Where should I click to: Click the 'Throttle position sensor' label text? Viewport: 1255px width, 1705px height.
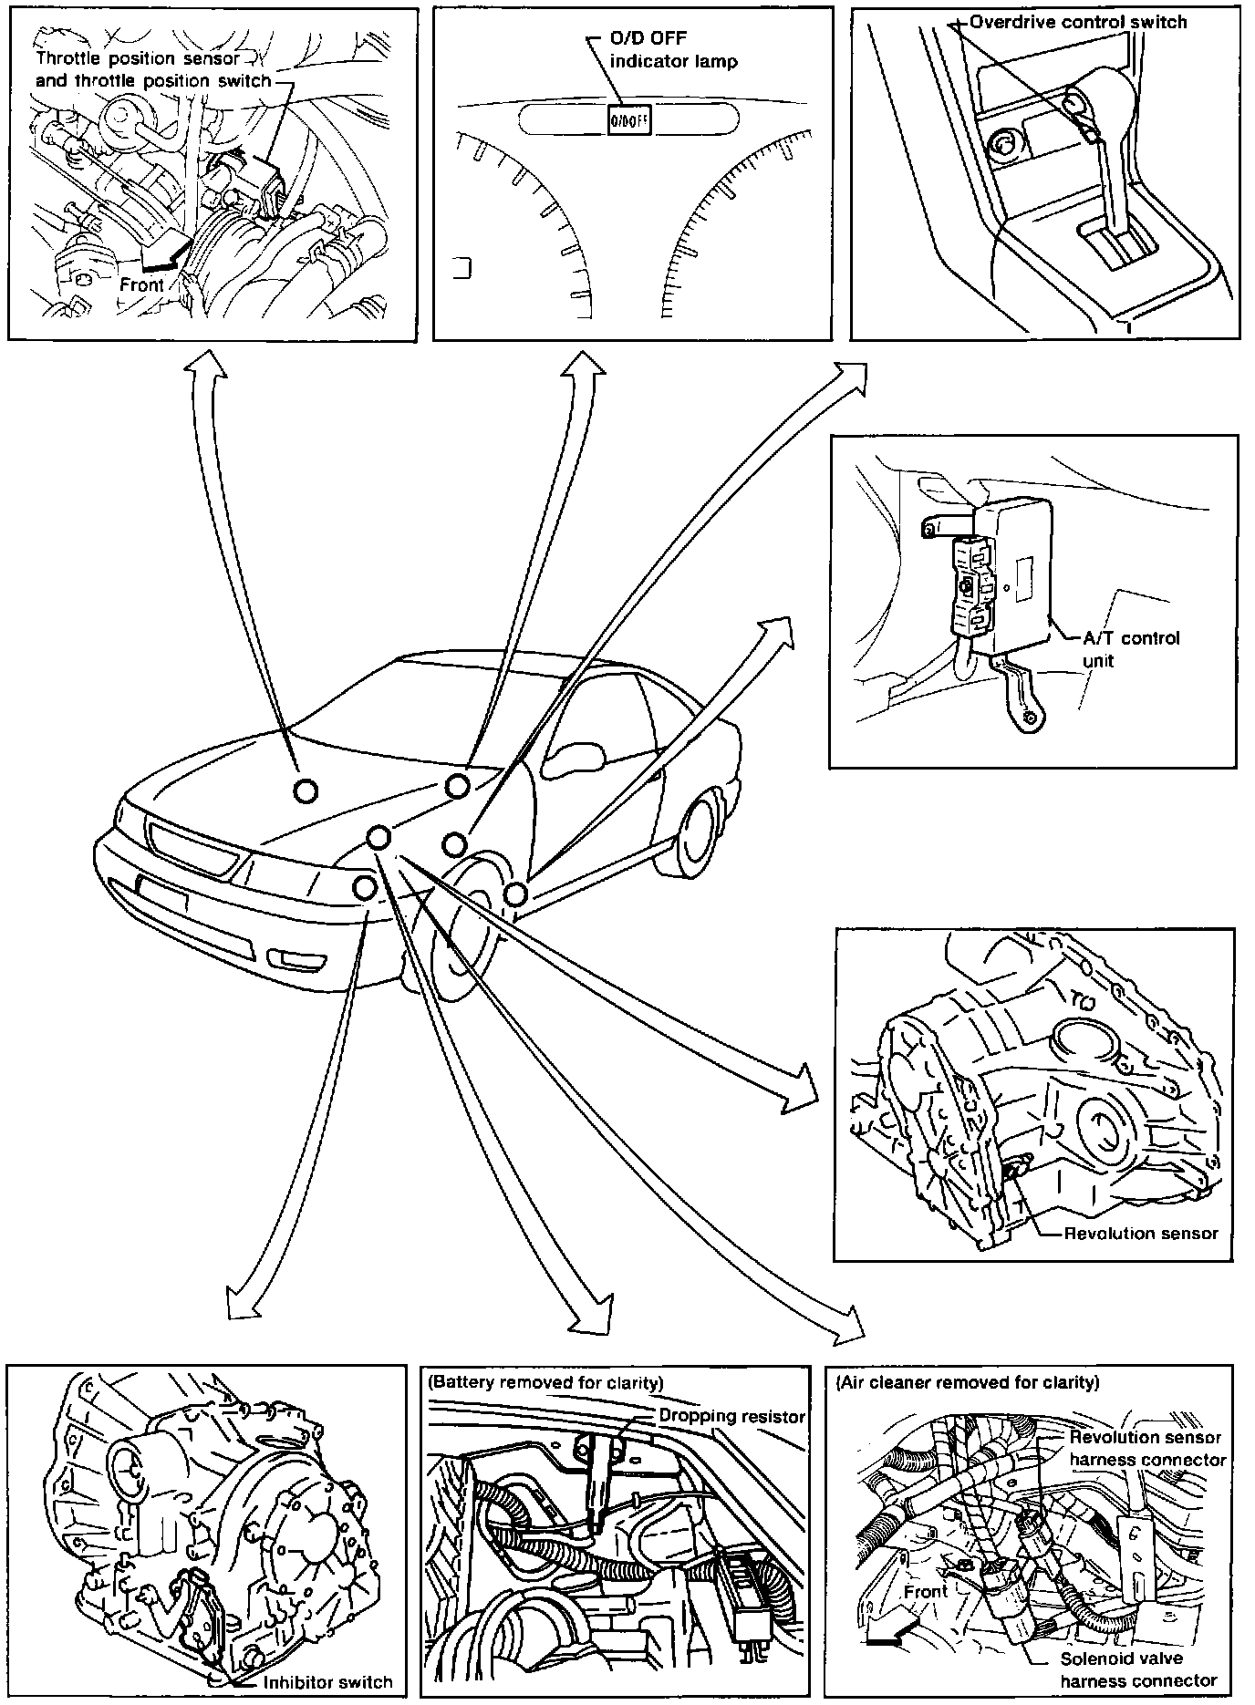click(138, 59)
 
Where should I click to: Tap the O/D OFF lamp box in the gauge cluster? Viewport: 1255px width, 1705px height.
click(627, 120)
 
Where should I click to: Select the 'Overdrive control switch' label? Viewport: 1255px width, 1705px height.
click(1078, 22)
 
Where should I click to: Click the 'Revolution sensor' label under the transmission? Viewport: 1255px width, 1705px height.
click(1141, 1234)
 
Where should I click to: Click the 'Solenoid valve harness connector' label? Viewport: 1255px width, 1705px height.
click(1138, 1669)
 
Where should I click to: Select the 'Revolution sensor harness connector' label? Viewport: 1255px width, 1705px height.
click(1147, 1448)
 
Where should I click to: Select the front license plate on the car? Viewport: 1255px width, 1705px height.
click(161, 891)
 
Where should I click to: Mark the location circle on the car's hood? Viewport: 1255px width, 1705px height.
click(306, 790)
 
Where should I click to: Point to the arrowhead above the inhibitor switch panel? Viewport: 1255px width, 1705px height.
click(241, 1302)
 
